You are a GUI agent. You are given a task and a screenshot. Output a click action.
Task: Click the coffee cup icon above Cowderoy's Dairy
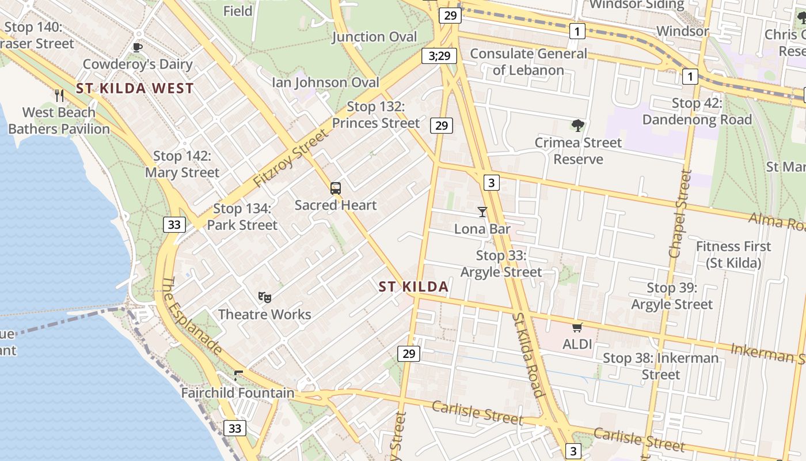(x=137, y=47)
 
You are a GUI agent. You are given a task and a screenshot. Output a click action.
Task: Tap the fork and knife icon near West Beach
(x=59, y=95)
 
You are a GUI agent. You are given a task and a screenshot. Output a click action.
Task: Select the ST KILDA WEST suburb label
(x=135, y=89)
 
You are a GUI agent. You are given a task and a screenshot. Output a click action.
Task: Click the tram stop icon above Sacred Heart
(x=336, y=188)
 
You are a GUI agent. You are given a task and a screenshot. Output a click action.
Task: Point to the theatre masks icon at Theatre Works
(x=265, y=297)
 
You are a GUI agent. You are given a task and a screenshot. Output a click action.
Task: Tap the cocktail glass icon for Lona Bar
(x=482, y=212)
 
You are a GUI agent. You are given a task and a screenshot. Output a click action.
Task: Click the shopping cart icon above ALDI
(x=577, y=328)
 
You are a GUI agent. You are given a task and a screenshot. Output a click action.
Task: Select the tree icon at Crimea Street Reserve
(x=578, y=126)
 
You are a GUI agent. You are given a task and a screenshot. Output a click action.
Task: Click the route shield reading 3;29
(x=439, y=56)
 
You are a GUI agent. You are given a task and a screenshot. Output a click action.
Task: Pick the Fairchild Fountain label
(x=238, y=393)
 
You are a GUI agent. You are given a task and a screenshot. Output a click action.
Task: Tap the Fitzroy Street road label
(x=290, y=157)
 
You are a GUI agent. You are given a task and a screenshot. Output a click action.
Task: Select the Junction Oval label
(x=374, y=37)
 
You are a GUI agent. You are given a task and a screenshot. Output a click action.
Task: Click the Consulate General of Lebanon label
(x=529, y=62)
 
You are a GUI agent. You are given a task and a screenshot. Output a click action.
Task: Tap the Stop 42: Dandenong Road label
(x=697, y=111)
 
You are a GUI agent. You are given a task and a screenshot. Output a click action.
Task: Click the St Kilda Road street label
(x=529, y=355)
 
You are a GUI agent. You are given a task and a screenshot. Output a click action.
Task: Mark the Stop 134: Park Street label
(x=242, y=217)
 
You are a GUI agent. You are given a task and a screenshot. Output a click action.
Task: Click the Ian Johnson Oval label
(x=326, y=82)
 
